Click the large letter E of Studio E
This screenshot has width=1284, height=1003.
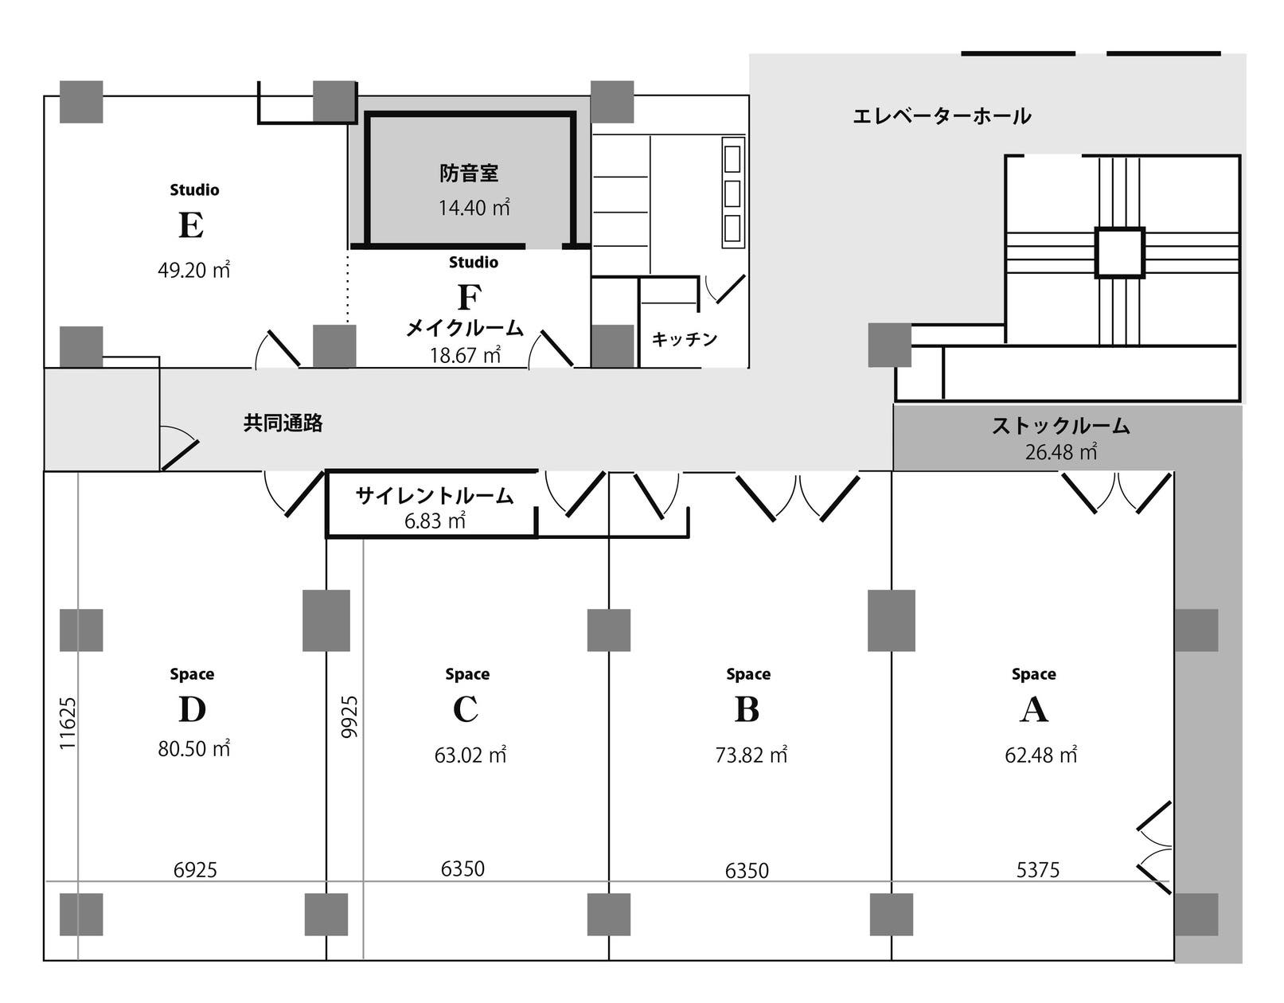pyautogui.click(x=191, y=225)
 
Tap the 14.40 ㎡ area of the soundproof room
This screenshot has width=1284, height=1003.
pyautogui.click(x=474, y=208)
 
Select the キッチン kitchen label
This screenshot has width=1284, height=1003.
pyautogui.click(x=685, y=339)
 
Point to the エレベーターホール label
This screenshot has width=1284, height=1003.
pyautogui.click(x=942, y=116)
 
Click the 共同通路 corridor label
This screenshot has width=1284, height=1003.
pyautogui.click(x=283, y=423)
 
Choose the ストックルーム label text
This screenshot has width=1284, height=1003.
pyautogui.click(x=1060, y=426)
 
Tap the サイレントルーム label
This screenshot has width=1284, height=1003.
pyautogui.click(x=435, y=496)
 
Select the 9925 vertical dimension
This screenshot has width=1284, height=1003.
pyautogui.click(x=349, y=716)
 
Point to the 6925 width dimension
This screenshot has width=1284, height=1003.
pyautogui.click(x=195, y=870)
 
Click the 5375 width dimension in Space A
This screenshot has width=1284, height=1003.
pyautogui.click(x=1038, y=870)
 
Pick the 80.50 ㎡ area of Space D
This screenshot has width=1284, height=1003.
pyautogui.click(x=194, y=748)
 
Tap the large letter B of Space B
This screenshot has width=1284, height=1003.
pyautogui.click(x=747, y=709)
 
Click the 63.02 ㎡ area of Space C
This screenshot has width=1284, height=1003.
pyautogui.click(x=470, y=755)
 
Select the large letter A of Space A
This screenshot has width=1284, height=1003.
pyautogui.click(x=1034, y=709)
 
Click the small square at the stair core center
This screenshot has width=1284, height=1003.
pyautogui.click(x=1119, y=252)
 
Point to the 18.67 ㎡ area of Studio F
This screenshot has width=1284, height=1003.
pyautogui.click(x=466, y=355)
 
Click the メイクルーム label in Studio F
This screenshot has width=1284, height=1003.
pyautogui.click(x=466, y=327)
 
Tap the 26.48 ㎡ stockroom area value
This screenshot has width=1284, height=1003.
pyautogui.click(x=1060, y=452)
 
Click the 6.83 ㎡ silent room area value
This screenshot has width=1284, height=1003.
pyautogui.click(x=435, y=521)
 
